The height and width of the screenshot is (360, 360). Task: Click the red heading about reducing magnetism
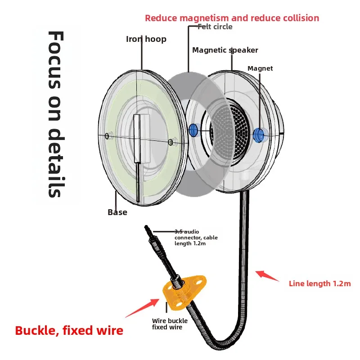click(232, 18)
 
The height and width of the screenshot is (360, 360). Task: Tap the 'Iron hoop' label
click(146, 39)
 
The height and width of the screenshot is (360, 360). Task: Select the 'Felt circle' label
click(215, 27)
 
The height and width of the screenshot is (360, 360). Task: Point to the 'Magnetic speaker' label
click(225, 50)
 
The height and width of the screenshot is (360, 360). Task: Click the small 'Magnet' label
click(260, 68)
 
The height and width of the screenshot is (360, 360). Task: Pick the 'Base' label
click(117, 212)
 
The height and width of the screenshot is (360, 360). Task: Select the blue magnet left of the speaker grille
click(193, 130)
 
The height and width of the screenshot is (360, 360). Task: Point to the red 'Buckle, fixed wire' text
click(69, 331)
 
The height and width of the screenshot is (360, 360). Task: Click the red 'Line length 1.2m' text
click(319, 283)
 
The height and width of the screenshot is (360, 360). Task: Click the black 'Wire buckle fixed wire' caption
click(170, 324)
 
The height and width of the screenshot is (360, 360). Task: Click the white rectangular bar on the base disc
click(141, 138)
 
